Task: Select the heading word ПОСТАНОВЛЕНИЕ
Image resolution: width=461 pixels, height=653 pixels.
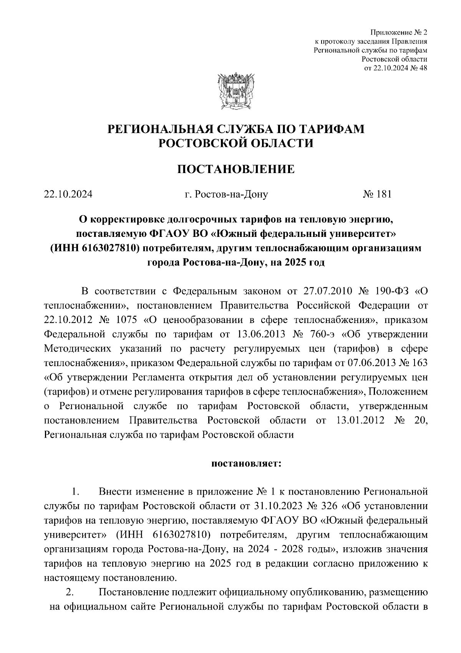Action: [235, 169]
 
